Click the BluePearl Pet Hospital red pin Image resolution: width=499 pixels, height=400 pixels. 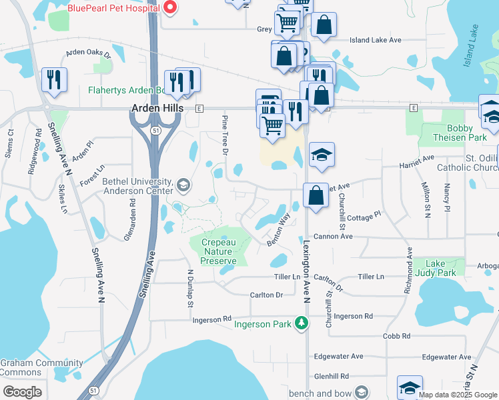pyautogui.click(x=169, y=8)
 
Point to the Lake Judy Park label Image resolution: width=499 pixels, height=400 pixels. pyautogui.click(x=436, y=268)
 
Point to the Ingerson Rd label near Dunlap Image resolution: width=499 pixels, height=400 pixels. pyautogui.click(x=211, y=320)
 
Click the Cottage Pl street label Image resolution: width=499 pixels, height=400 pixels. pyautogui.click(x=364, y=216)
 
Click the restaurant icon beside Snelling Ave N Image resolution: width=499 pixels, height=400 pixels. pyautogui.click(x=54, y=79)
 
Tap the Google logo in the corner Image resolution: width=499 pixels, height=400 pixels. pyautogui.click(x=22, y=391)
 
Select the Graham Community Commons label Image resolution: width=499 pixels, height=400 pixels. pyautogui.click(x=31, y=367)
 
